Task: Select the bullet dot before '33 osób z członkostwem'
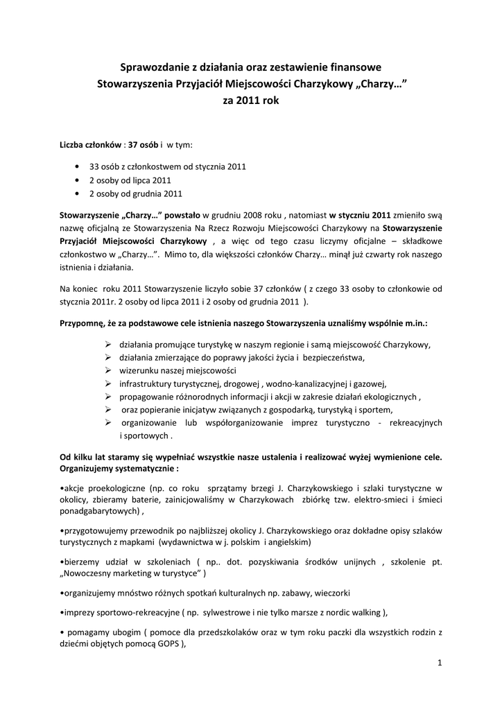coord(76,167)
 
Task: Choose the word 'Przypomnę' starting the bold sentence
coord(81,323)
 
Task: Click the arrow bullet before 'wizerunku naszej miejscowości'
coord(109,370)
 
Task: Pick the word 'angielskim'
coord(288,542)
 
